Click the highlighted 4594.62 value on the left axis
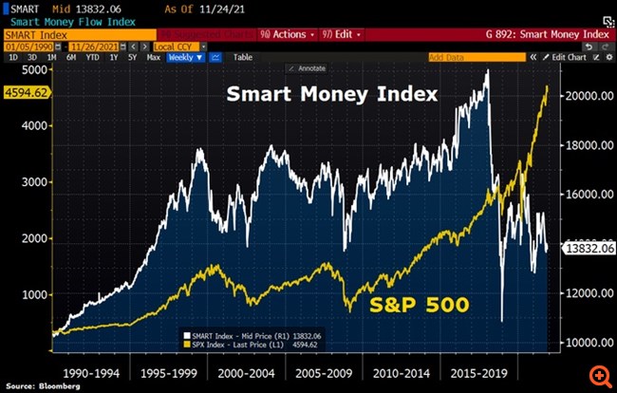[20, 93]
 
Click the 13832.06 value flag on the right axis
[589, 248]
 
